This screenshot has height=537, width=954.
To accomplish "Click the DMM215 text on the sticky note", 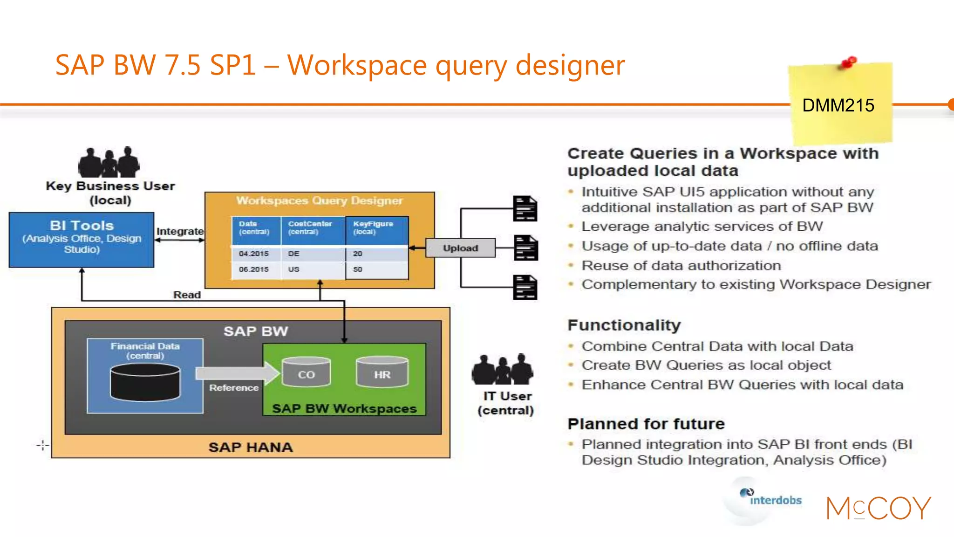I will coord(838,105).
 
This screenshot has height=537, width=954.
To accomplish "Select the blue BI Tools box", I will coord(82,240).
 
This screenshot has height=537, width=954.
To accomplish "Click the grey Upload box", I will coord(460,248).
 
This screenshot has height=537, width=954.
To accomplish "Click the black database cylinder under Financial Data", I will coord(145,382).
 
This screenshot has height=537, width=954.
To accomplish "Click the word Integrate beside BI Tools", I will coord(180,231).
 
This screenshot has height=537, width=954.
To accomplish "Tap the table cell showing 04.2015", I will coord(254,254).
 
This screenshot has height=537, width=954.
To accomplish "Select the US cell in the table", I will coord(294,269).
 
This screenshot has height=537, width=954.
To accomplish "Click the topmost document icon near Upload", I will coord(525,208).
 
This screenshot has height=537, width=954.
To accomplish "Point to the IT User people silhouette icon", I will coord(502,369).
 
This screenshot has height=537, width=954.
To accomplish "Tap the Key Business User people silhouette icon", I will coord(109,162).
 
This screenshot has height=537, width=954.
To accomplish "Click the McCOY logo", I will coord(878,508).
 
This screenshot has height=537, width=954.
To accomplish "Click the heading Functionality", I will coord(624,325).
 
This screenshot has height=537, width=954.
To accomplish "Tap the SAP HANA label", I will coord(251,447).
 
